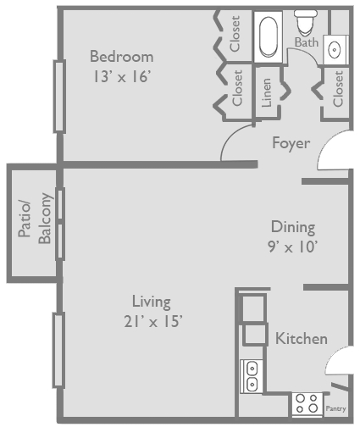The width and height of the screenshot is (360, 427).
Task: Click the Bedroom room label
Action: (x=122, y=57)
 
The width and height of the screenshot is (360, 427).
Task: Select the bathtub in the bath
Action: (x=267, y=37)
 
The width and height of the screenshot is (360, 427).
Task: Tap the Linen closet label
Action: (x=267, y=92)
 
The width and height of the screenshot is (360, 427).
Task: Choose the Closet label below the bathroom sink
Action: (x=338, y=89)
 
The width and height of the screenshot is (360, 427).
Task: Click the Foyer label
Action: (x=291, y=142)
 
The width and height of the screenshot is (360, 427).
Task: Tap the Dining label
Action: (x=293, y=227)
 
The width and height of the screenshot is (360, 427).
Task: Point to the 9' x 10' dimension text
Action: (x=293, y=248)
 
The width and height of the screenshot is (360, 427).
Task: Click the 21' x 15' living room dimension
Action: (x=152, y=321)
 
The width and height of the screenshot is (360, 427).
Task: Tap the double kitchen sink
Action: (x=252, y=376)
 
